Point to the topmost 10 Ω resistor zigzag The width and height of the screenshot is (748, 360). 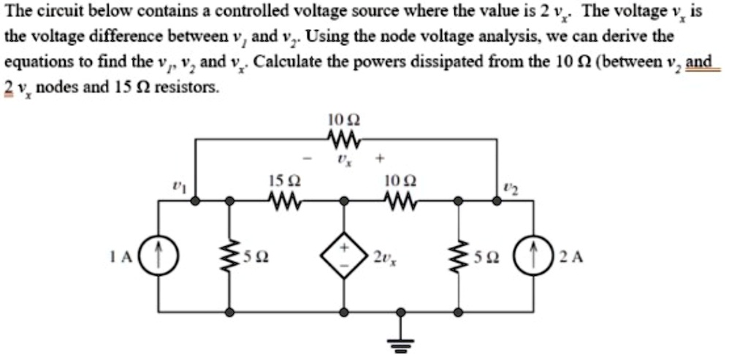(x=340, y=138)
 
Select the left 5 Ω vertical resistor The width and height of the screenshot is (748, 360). (x=231, y=256)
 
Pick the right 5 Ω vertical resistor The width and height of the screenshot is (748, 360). (x=458, y=256)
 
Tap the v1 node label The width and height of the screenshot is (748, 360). (x=176, y=187)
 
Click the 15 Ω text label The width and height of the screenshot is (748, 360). (x=281, y=180)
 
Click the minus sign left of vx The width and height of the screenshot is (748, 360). (x=308, y=158)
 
